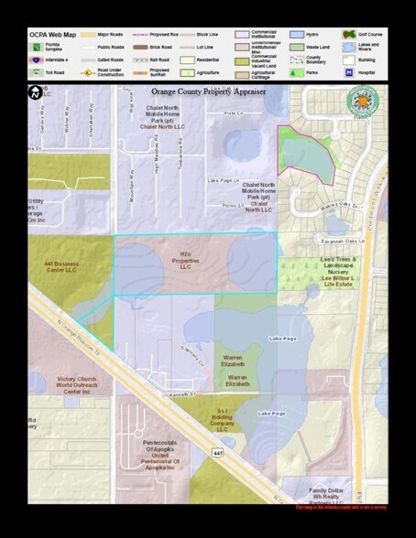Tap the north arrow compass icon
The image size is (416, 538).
pos(36,91)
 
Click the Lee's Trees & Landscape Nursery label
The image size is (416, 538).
pos(344,271)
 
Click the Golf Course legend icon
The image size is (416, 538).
pos(349,34)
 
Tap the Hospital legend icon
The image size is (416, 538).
pos(349,71)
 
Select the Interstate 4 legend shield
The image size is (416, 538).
pos(36,58)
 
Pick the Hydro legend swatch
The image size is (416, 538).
pos(298,34)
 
